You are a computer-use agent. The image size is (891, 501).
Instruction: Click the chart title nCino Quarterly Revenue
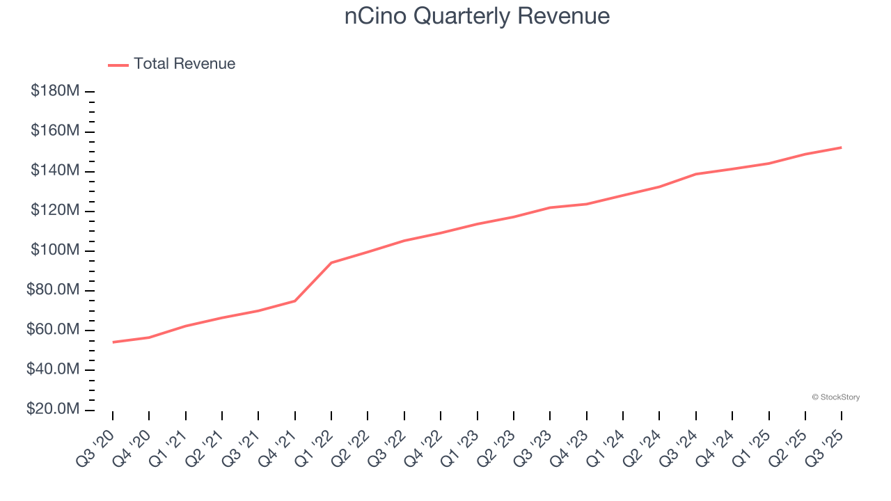(477, 16)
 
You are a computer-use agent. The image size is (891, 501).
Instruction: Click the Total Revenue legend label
(184, 64)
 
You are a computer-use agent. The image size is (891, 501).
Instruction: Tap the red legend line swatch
(118, 65)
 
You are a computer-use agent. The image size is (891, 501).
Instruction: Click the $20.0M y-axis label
(53, 409)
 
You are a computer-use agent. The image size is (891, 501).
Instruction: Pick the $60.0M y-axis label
(53, 330)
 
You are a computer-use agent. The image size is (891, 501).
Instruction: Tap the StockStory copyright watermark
(835, 397)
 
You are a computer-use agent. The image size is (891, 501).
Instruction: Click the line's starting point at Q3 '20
(113, 342)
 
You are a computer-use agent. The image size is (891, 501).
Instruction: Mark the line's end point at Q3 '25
(842, 148)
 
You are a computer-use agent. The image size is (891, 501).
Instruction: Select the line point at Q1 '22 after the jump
(331, 262)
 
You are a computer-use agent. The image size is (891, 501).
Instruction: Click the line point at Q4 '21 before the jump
(295, 301)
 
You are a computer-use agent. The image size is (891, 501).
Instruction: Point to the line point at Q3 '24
(696, 174)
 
